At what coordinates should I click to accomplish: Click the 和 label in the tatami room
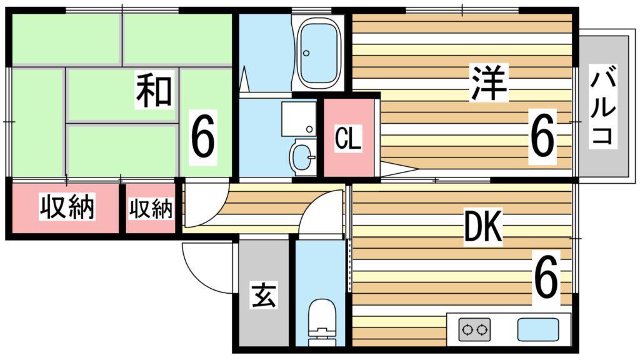click(154, 90)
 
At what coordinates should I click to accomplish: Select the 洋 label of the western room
click(489, 83)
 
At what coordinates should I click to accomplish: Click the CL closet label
click(348, 138)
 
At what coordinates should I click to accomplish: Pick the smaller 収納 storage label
click(151, 208)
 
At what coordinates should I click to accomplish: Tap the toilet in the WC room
click(322, 322)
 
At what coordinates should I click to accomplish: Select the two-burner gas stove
click(474, 329)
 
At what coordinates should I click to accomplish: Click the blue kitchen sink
click(538, 329)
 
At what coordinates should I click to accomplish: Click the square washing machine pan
click(298, 119)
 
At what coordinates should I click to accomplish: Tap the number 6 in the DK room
click(546, 274)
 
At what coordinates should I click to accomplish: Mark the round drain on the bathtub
click(306, 53)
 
